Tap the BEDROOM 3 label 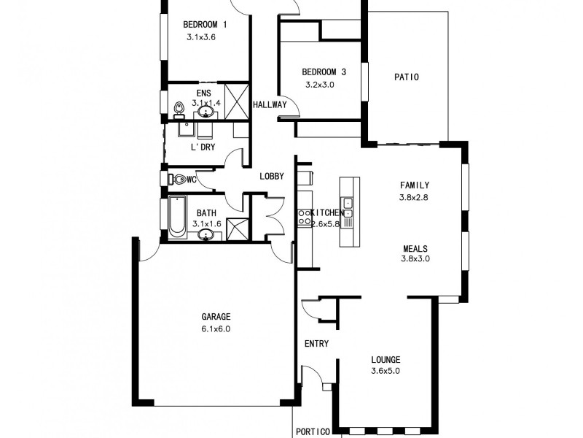point(324,72)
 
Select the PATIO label point(406,77)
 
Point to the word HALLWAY point(270,105)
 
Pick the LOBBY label point(272,176)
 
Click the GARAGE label point(216,317)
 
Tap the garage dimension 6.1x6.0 point(216,328)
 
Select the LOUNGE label point(386,360)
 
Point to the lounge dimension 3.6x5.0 point(386,372)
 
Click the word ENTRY point(316,344)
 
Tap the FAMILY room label point(414,185)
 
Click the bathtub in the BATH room point(177,217)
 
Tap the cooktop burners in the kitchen point(303,216)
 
